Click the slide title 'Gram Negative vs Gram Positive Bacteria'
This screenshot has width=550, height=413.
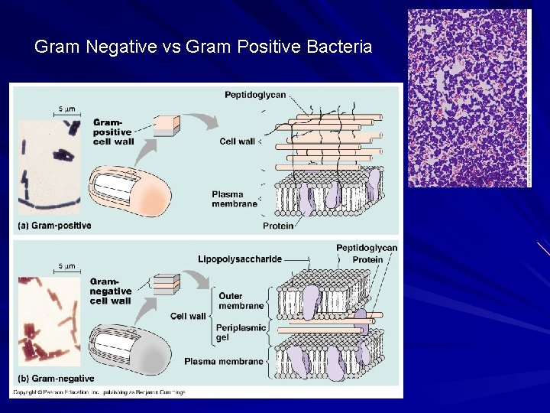[203, 47]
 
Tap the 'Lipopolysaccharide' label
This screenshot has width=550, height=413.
[238, 260]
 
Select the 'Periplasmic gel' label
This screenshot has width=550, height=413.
[241, 332]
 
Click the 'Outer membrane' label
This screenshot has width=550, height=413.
[241, 301]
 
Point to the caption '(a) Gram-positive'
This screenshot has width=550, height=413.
[54, 225]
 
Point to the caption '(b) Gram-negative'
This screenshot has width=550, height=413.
[56, 378]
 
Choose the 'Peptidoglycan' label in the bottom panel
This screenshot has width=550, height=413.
[367, 248]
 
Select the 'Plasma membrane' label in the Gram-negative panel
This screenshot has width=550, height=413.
[224, 361]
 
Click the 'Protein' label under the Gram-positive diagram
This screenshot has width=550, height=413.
[278, 226]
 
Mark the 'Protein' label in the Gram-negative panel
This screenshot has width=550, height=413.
[368, 259]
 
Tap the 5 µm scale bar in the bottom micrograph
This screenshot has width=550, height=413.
[66, 272]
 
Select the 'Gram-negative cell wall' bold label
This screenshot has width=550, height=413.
[112, 291]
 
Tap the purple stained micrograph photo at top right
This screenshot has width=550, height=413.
[468, 98]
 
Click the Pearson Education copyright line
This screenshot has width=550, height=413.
[99, 392]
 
